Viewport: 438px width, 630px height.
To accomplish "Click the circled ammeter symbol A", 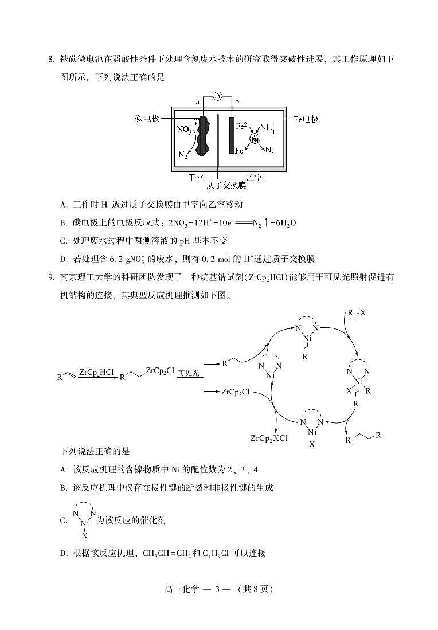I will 218,96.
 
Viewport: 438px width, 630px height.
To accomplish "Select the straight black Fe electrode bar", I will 232,135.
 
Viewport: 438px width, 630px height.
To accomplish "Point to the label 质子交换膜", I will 220,185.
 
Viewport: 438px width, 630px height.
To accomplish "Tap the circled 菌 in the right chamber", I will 255,139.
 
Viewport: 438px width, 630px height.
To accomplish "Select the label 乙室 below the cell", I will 254,177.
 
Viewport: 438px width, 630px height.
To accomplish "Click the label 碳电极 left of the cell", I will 146,118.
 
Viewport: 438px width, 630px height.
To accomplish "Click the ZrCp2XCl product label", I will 269,438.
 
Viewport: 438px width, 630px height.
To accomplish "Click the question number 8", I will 50,60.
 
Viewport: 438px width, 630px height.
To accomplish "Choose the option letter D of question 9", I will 64,553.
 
